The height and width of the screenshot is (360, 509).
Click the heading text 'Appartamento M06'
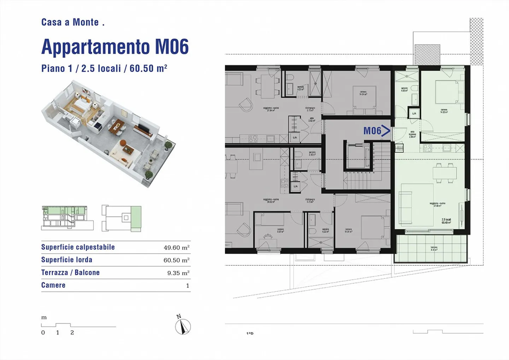[115, 47]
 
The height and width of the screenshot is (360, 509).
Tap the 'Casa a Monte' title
[72, 22]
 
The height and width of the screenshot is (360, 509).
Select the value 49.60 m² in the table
[176, 248]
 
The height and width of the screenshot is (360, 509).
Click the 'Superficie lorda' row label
[67, 260]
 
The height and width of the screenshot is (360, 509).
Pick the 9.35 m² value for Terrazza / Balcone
[178, 273]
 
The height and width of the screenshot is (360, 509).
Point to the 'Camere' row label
[53, 285]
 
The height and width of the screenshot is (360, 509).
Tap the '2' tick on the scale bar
[72, 332]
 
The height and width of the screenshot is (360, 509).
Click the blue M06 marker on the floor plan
[376, 131]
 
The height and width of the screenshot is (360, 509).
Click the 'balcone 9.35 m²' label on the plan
[434, 249]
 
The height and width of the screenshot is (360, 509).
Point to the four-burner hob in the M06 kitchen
[427, 148]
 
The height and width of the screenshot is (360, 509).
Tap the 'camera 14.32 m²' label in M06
[444, 111]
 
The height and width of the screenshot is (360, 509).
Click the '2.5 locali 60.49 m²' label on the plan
[446, 221]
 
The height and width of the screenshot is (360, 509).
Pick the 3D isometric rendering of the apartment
[108, 133]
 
